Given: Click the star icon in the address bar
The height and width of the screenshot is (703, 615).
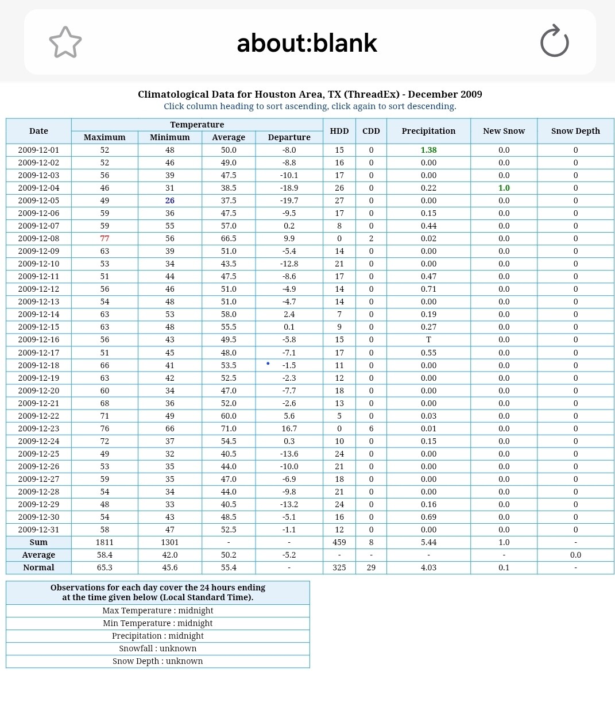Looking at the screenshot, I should (65, 43).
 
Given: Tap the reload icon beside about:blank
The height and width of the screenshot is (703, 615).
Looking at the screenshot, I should (554, 41).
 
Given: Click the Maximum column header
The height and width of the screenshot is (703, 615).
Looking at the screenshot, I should (105, 137).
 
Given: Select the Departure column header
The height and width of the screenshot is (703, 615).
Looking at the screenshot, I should (289, 137).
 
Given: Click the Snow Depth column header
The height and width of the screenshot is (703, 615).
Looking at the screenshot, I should (575, 131).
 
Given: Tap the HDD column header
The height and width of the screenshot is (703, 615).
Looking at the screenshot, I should (339, 131).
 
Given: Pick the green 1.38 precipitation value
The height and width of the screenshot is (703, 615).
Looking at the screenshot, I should (428, 150).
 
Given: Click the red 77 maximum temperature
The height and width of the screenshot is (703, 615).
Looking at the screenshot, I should (105, 238).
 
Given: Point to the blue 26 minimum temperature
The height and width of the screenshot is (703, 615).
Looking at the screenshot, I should (170, 200).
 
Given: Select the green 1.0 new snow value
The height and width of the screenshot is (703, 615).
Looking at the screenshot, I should (504, 188).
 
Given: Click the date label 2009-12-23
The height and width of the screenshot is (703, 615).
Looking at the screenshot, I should (38, 428).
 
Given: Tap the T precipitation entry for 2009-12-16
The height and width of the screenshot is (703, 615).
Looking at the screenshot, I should (428, 339).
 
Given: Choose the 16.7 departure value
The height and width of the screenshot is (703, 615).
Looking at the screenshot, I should (289, 428).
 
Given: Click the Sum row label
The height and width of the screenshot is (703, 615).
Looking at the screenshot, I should (38, 542).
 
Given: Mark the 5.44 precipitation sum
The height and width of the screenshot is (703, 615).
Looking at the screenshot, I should (428, 542).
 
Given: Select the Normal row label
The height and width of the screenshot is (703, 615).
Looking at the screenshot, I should (38, 567).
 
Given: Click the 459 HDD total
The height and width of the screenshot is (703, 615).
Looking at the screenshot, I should (339, 542).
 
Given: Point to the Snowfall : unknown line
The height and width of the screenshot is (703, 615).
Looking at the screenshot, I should (158, 648).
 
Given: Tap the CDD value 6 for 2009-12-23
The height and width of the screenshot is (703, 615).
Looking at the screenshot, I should (371, 428).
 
